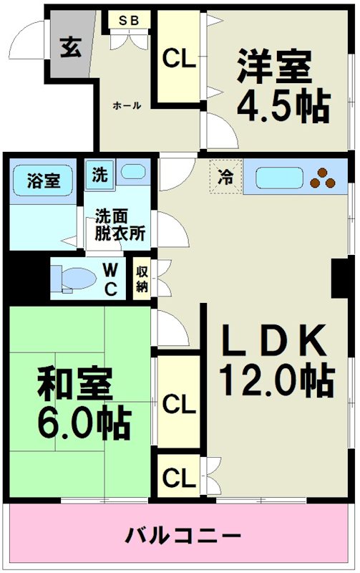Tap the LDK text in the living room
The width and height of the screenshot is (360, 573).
tap(275, 340)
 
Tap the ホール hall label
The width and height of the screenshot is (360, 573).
tap(127, 105)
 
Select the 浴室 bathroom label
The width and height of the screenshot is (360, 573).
tap(43, 181)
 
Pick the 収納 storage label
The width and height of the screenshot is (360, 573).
tap(142, 278)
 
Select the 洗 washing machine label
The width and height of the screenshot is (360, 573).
tap(99, 174)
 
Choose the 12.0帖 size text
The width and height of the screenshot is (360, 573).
tap(276, 380)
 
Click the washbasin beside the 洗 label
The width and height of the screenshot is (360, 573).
tap(131, 173)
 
